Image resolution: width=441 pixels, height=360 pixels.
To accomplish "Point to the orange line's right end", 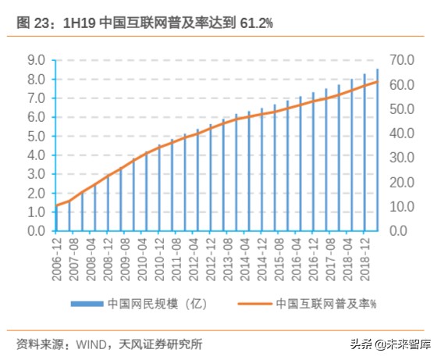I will pyautogui.click(x=378, y=82).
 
